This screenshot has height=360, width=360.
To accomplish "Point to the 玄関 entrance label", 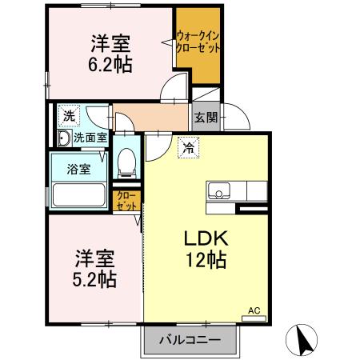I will [204, 117].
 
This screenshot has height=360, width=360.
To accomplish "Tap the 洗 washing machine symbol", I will [69, 115].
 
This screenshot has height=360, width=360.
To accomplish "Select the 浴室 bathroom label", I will [78, 169].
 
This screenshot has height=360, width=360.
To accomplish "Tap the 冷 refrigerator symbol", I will [187, 146].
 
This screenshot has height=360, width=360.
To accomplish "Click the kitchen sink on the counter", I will [220, 192].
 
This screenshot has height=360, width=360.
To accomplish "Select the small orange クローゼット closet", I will [126, 199].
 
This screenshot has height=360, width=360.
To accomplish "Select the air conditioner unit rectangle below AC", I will [254, 318].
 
